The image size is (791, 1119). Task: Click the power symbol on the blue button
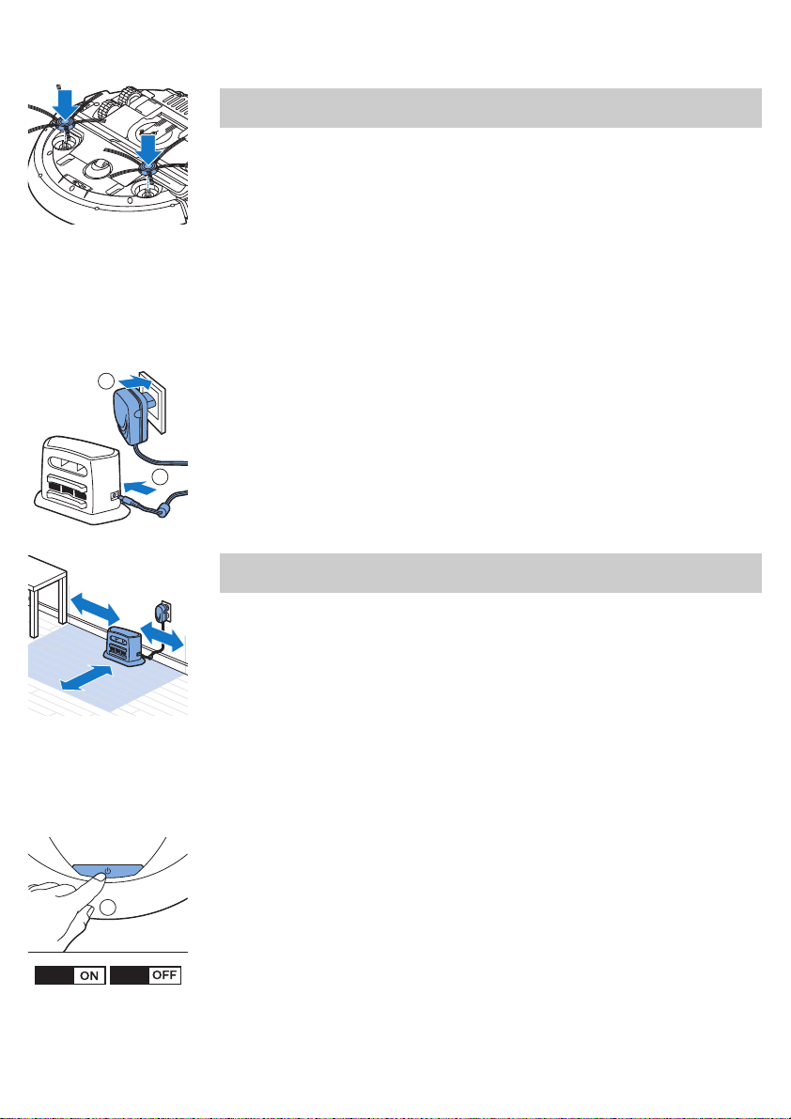[108, 871]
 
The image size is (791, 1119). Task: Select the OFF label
[164, 975]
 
